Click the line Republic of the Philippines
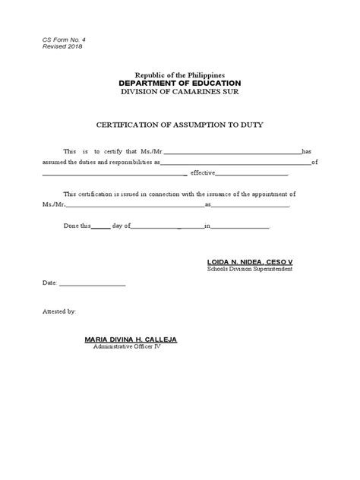coord(179,74)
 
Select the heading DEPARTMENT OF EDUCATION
coord(179,83)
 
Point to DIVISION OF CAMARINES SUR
coord(179,92)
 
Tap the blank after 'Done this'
coord(100,227)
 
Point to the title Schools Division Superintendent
coord(249,270)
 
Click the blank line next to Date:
coord(92,286)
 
